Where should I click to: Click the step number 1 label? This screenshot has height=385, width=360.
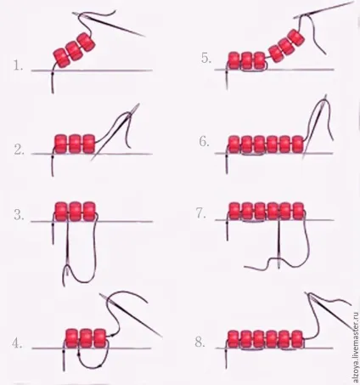tap(18, 65)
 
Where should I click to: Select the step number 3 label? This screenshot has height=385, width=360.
tap(19, 215)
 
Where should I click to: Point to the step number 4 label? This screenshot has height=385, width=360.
tap(17, 343)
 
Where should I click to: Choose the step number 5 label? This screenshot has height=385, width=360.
tap(206, 58)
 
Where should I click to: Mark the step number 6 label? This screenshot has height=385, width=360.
tap(204, 141)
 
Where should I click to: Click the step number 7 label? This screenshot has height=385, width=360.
tap(201, 213)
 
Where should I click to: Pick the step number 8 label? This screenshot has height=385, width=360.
tap(200, 342)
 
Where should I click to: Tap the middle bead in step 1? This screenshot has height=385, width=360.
tap(75, 51)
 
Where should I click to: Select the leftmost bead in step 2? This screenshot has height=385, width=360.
tap(61, 144)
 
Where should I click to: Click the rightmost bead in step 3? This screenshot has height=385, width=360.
tap(89, 212)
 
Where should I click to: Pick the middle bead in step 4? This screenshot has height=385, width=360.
tap(87, 338)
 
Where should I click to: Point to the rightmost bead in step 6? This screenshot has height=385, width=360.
tap(298, 144)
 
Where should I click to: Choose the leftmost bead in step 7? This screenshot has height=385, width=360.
tap(234, 212)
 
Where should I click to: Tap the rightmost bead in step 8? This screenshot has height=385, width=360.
tap(297, 339)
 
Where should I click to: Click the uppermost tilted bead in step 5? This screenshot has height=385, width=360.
tap(296, 38)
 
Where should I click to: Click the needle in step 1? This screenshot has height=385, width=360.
tap(109, 25)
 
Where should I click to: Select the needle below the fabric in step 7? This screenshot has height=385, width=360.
tap(278, 244)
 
